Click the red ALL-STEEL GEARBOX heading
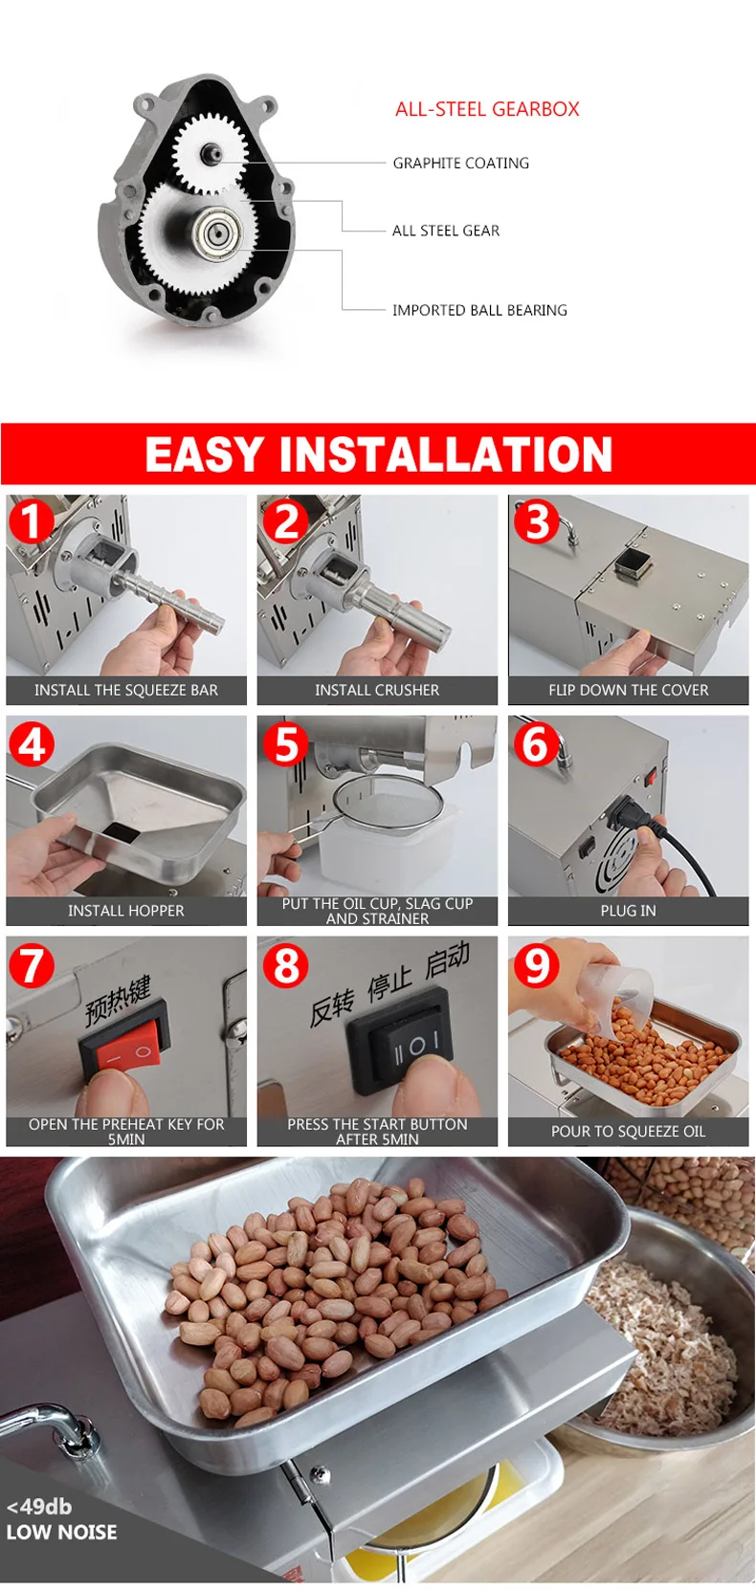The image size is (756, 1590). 487,109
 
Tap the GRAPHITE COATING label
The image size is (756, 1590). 460,164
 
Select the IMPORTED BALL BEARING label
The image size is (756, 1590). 479,310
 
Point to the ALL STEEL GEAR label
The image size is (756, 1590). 446,231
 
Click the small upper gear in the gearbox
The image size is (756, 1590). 210,152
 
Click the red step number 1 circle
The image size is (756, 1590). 32,521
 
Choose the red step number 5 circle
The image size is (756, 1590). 285,743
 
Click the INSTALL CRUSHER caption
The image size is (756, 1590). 377,690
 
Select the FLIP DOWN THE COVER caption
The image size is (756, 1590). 628,690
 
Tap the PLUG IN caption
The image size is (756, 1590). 628,911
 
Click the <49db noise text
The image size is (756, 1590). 39,1506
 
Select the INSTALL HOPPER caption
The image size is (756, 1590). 125,911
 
